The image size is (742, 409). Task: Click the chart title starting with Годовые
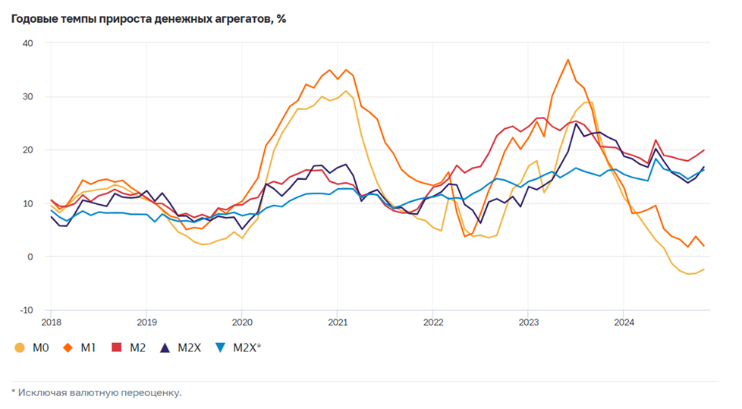tap(148, 18)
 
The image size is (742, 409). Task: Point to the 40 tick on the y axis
tap(27, 43)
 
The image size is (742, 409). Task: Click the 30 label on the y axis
tap(27, 96)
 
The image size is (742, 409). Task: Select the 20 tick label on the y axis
tap(27, 150)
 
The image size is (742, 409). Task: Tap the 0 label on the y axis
tap(30, 256)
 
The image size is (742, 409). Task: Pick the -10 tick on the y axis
tap(26, 310)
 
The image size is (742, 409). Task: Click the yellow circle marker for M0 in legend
tap(20, 348)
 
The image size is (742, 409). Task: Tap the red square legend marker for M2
tap(117, 348)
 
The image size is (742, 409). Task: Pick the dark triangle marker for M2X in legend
tap(165, 348)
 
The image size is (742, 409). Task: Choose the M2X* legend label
tap(247, 348)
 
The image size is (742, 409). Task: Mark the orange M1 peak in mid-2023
tap(568, 59)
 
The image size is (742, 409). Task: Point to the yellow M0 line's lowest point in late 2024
tap(689, 274)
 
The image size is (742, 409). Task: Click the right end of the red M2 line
tap(704, 150)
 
